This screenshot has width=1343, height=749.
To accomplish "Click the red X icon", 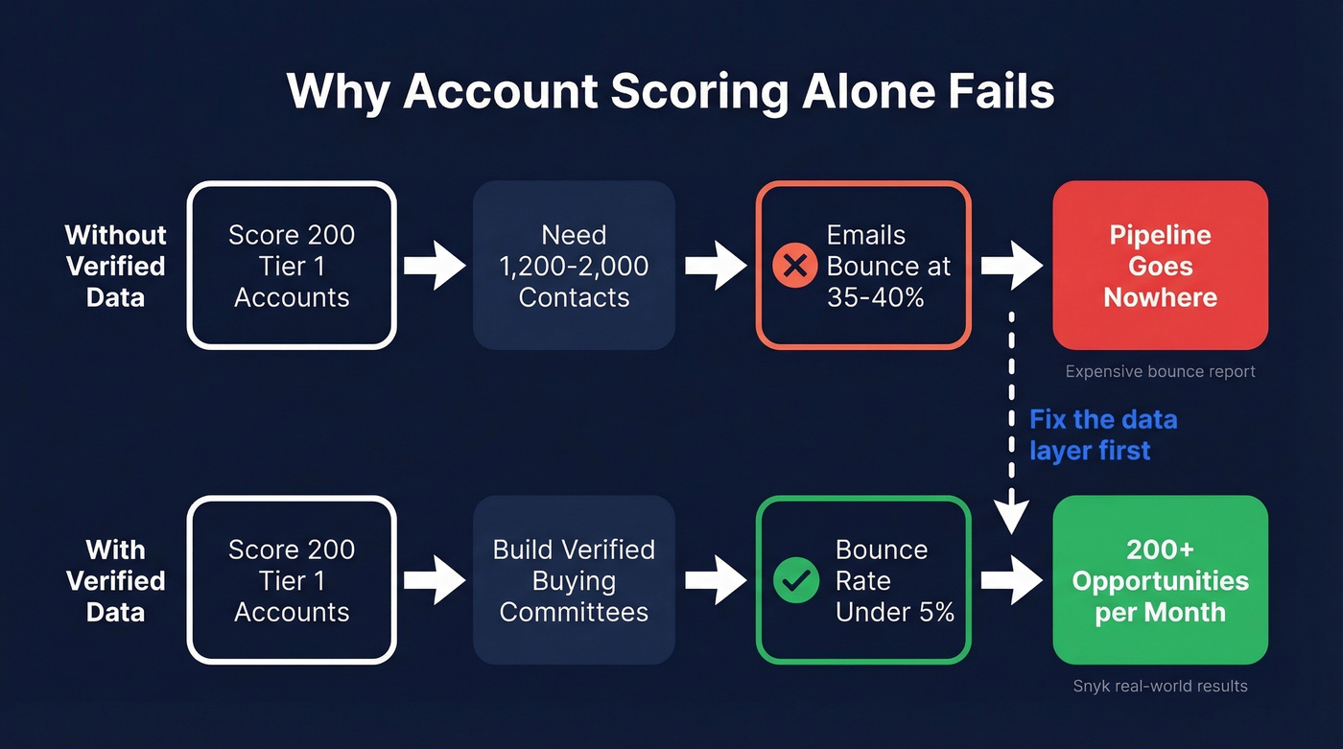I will click(794, 266).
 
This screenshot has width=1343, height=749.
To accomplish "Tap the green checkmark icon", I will click(795, 580).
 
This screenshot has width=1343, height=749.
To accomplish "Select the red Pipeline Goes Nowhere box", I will click(1160, 266).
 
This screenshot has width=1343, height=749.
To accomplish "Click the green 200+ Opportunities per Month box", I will click(1160, 580).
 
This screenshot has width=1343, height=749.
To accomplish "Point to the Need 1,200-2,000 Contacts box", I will click(574, 266).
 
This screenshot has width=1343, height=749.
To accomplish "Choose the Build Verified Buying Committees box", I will click(574, 580).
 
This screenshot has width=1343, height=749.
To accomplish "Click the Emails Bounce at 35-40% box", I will click(863, 266).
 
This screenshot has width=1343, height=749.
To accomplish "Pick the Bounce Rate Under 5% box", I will click(863, 580).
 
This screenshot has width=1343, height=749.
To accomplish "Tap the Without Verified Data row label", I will click(115, 266).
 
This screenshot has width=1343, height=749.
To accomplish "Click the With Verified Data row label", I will click(115, 580).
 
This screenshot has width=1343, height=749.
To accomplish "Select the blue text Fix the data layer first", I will click(1102, 434).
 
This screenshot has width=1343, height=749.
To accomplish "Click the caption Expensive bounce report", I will click(1160, 371).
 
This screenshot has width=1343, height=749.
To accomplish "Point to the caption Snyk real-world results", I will click(1160, 686).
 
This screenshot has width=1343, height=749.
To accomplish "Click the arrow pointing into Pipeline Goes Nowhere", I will click(1011, 266).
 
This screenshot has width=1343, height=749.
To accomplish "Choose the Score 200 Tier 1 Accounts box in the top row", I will click(292, 266).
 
